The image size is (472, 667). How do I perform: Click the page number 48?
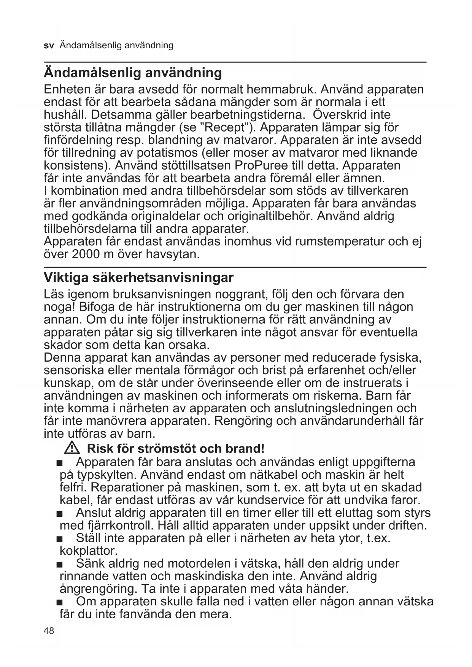(49, 631)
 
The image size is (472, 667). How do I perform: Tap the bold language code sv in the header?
(49, 46)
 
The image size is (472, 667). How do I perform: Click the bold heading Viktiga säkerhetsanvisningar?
(138, 278)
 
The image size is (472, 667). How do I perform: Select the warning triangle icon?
(72, 448)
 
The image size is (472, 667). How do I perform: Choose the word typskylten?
(107, 475)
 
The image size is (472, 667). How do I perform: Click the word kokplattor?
(89, 551)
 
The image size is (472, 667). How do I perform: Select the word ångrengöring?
(98, 589)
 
